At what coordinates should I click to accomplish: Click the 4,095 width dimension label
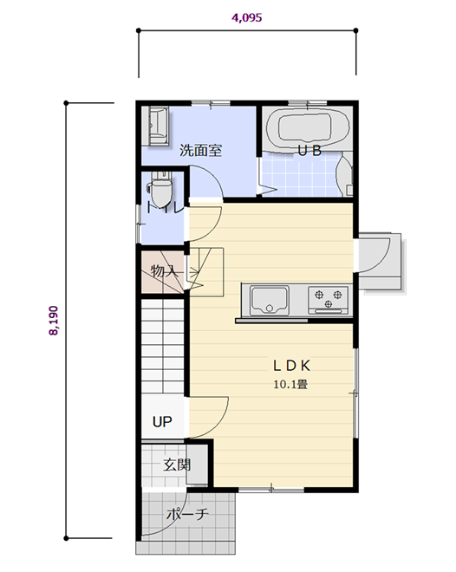coord(246,17)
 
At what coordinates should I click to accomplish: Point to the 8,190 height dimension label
coord(53,321)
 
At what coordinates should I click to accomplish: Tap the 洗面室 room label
coord(200,150)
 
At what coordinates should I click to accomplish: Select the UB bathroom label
coord(309,150)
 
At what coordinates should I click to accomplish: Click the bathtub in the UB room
coord(307,128)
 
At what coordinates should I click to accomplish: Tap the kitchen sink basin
coord(270,300)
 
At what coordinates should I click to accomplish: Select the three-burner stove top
coord(329,300)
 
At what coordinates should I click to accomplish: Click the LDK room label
coord(292,366)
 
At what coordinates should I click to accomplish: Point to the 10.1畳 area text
coord(290,384)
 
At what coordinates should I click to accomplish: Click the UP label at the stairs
coord(162,422)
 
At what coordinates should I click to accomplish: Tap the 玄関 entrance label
coord(177,465)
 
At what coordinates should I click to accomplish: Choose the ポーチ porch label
coord(187,514)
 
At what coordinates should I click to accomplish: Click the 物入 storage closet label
coord(165,271)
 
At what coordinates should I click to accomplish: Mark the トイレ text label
coord(164,208)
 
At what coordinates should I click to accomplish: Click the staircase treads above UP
coord(162,346)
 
